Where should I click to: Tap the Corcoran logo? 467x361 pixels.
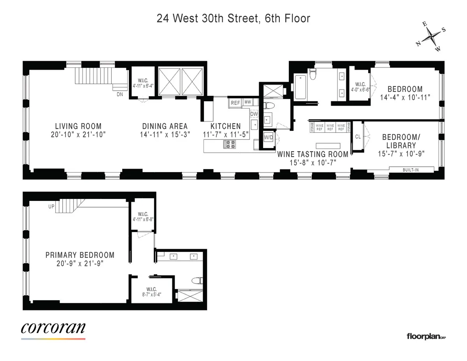pos(53,328)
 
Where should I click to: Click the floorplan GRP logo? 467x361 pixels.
pos(426,336)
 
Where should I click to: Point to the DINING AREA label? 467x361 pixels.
pos(165,126)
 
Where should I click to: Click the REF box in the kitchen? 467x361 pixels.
pos(235,103)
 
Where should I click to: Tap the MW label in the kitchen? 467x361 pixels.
pos(248,103)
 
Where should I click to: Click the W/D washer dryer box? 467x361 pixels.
pos(269,137)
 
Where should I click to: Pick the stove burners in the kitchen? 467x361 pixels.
pos(229,145)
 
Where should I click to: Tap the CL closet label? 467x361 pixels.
pos(358,137)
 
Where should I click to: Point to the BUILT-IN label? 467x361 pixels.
pos(417,169)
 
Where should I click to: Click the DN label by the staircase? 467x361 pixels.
pos(119,94)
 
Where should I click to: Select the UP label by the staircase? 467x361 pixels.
pos(51,207)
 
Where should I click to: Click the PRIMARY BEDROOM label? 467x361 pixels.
pos(80,255)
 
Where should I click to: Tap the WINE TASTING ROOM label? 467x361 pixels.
pos(313,154)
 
